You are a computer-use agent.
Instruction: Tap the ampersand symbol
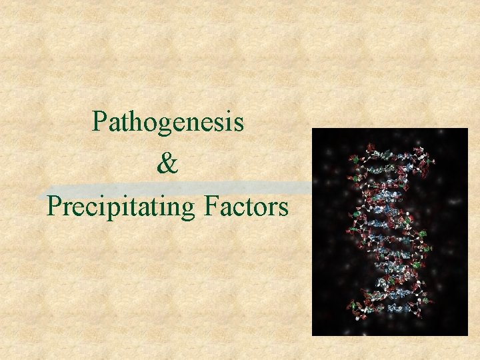click(x=168, y=164)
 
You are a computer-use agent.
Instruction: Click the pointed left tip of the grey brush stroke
click(x=40, y=195)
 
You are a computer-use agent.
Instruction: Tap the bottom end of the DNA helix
click(x=390, y=313)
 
